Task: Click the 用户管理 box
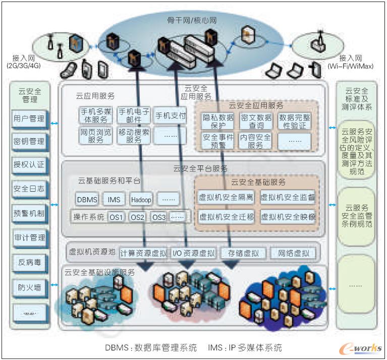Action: pyautogui.click(x=29, y=119)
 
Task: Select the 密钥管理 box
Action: pyautogui.click(x=29, y=142)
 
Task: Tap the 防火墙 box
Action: pyautogui.click(x=29, y=288)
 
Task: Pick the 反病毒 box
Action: pyautogui.click(x=29, y=263)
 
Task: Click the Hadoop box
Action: pyautogui.click(x=141, y=200)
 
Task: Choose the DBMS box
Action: pyautogui.click(x=87, y=200)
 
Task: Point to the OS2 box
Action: pyautogui.click(x=137, y=218)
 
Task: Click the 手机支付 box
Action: pyautogui.click(x=170, y=115)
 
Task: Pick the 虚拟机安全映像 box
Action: pyautogui.click(x=288, y=217)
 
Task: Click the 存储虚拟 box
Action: pyautogui.click(x=240, y=253)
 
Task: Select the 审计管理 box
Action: pyautogui.click(x=29, y=237)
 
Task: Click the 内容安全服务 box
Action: pyautogui.click(x=255, y=141)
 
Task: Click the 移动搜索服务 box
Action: pyautogui.click(x=134, y=136)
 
